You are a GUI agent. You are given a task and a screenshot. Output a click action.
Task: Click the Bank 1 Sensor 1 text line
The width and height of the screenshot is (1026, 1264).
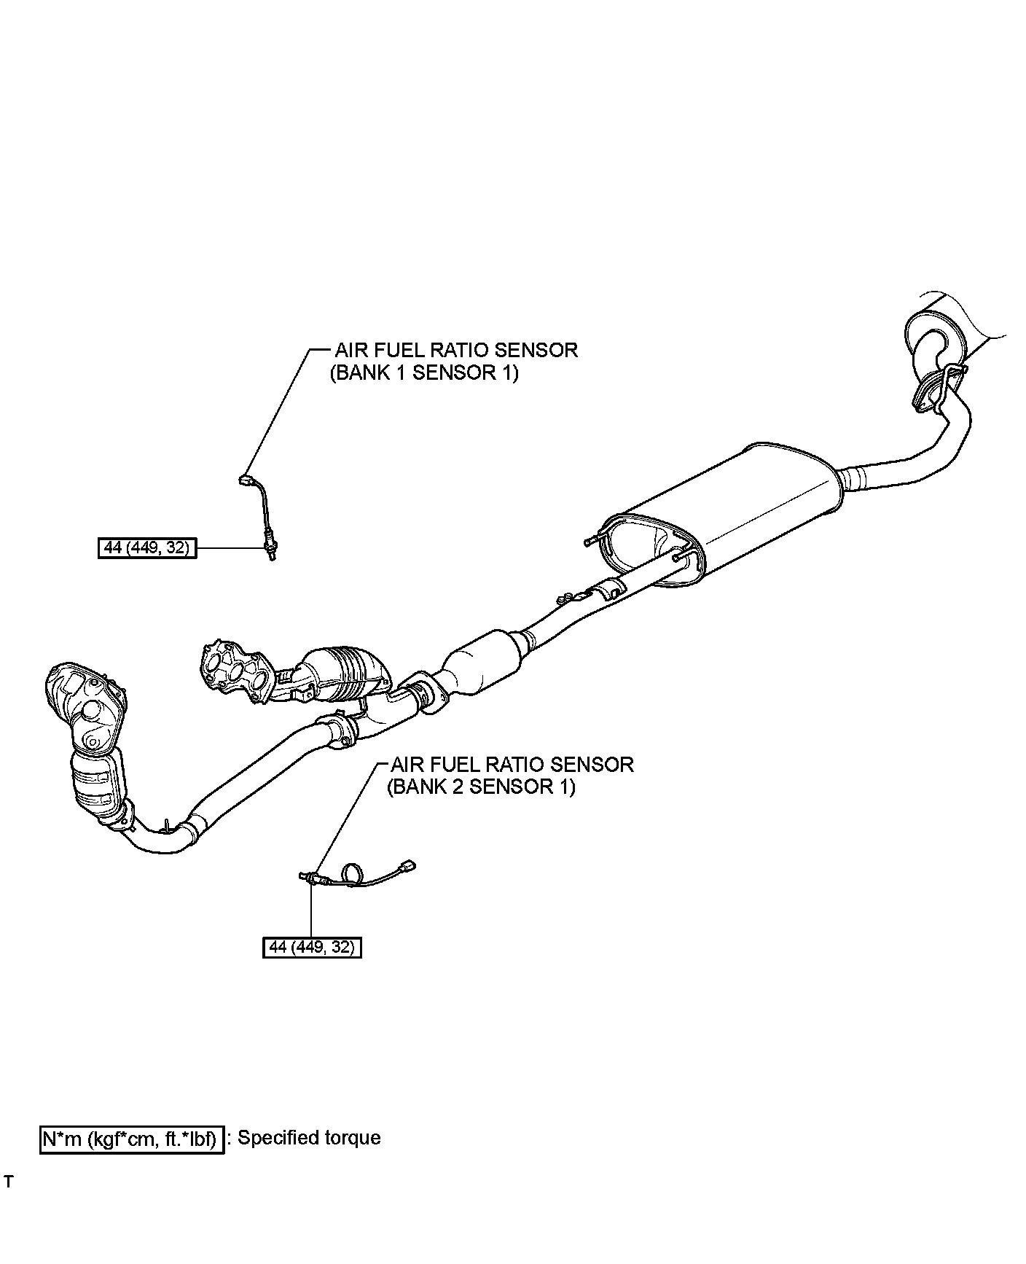point(424,373)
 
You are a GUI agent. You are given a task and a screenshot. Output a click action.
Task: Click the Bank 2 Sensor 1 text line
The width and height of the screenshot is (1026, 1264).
point(481,787)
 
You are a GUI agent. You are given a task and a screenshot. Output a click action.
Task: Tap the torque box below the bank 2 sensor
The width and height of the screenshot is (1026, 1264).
point(312,948)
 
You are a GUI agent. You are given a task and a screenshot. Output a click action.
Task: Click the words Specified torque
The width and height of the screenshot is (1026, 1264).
point(310,1138)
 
